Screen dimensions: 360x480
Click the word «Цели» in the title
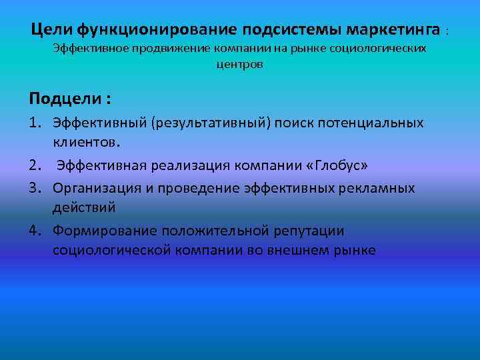click(x=52, y=30)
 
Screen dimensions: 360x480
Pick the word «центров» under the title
click(x=240, y=65)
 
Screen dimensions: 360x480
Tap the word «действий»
click(x=84, y=207)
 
